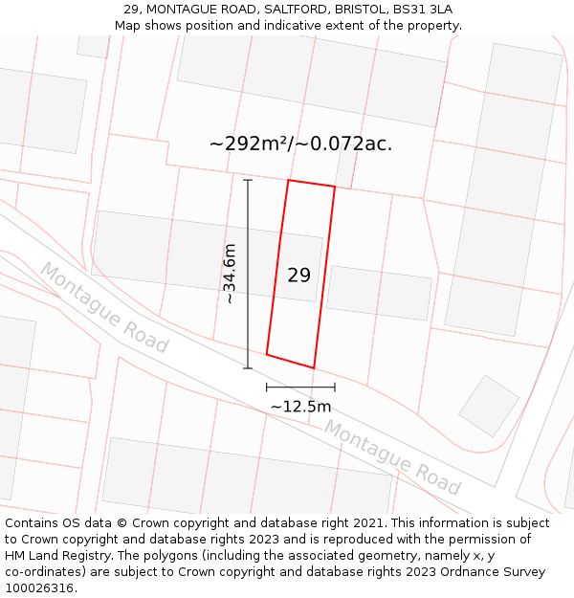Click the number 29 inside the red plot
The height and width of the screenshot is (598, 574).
298,276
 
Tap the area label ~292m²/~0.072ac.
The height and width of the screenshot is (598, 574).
300,144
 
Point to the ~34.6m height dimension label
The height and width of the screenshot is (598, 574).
230,274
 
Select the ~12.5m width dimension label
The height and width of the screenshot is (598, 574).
300,407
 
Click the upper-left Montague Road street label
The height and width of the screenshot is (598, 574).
103,308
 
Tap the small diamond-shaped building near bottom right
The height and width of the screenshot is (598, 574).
489,406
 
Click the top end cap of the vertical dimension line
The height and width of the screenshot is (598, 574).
248,180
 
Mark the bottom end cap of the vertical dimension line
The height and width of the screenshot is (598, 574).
248,368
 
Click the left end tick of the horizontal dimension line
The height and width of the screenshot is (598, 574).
267,388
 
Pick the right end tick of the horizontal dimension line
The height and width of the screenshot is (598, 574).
335,388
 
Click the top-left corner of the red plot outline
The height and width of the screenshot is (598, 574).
289,180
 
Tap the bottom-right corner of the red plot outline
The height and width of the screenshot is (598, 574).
314,367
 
